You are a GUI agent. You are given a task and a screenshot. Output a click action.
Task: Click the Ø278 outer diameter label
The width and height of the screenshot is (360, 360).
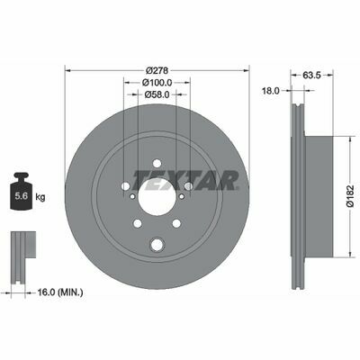157,71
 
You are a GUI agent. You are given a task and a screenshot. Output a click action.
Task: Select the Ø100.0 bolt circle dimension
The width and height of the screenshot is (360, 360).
157,82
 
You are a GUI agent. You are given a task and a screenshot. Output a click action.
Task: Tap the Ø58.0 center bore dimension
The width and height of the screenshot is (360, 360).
157,94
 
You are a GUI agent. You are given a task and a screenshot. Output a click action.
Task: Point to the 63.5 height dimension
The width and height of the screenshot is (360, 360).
311,76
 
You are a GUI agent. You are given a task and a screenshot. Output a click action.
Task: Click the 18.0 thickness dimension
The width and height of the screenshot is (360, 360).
271,91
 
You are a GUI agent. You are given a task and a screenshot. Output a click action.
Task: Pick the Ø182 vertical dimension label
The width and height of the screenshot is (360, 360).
351,196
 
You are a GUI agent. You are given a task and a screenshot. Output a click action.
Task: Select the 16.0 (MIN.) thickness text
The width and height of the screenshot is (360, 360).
60,292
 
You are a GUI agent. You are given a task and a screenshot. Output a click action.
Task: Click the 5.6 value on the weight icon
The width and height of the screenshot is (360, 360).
22,196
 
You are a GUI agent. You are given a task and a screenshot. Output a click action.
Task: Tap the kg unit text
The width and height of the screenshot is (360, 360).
40,197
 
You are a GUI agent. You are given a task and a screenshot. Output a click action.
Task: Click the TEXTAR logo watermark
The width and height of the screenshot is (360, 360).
186,181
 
